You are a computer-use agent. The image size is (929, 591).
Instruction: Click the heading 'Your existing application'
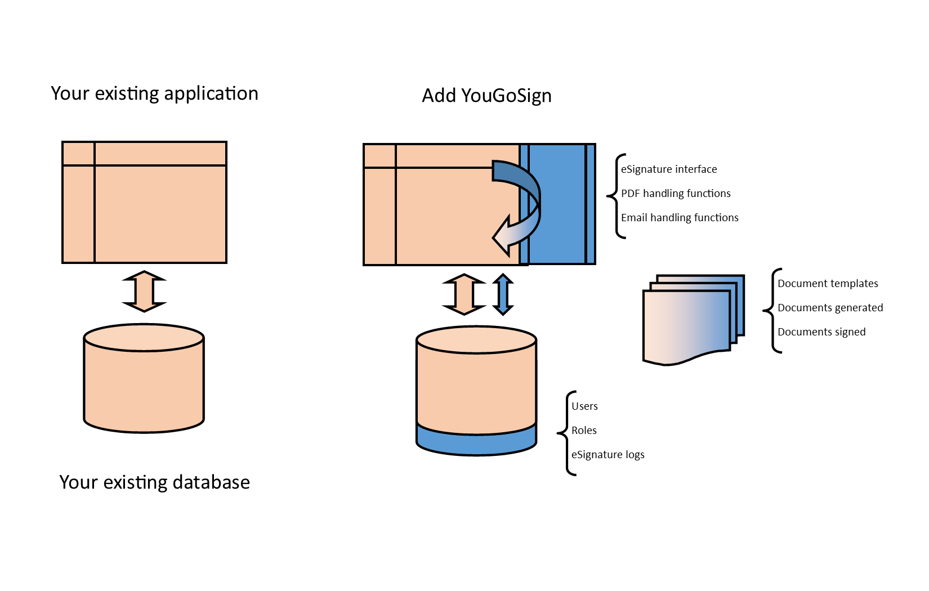pos(154,93)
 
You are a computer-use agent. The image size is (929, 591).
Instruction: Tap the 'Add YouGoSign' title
pos(486,96)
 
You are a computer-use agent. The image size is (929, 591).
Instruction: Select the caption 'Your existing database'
pos(154,482)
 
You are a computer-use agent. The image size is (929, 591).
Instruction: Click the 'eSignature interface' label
pos(668,169)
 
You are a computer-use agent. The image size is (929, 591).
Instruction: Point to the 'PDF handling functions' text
pos(675,194)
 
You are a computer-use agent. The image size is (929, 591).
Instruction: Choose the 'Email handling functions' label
pos(679,218)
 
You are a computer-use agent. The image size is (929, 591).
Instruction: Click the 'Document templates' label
pos(827,284)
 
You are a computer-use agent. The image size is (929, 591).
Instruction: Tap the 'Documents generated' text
pos(830,308)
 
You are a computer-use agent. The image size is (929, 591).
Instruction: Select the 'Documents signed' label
pos(821,332)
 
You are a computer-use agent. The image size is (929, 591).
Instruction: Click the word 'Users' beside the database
pos(584,406)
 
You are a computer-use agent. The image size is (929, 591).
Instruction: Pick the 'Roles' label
pos(583,431)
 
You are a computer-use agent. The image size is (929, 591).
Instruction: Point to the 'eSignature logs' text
pos(608,455)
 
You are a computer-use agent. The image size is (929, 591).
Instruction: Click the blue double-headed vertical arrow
pos(503,294)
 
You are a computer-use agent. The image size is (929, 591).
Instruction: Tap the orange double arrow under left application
pos(144,292)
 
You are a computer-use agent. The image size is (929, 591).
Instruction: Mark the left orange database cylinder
pos(144,383)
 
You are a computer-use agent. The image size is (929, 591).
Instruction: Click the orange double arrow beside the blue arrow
pos(464,294)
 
